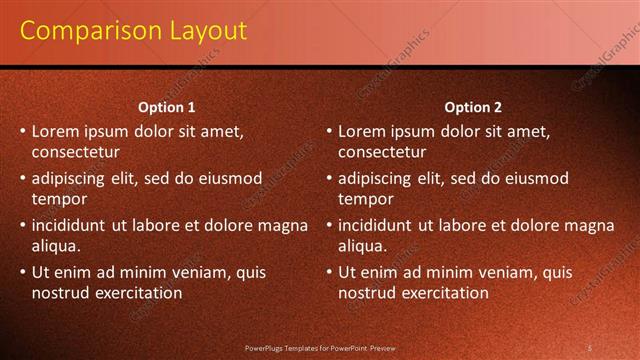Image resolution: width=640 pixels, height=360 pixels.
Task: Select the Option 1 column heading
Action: coord(166,107)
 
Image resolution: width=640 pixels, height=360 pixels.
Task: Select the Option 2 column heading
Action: coord(472,107)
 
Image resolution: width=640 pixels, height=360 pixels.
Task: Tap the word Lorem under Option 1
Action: coord(56,130)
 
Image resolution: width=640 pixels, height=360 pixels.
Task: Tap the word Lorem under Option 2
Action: coord(362,130)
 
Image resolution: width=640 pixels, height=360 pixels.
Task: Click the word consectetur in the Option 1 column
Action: coord(76,152)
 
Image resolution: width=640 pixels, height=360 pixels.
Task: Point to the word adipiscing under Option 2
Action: coord(374,178)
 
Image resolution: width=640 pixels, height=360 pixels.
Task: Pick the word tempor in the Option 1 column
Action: coord(59,199)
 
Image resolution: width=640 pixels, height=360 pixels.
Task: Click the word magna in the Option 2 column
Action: coord(591,225)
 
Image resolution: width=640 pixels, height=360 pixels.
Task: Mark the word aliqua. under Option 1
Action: coord(56,246)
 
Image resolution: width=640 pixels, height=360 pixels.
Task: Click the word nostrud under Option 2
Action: coord(368,293)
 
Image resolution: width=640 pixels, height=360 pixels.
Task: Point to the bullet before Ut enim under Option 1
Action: coord(23,272)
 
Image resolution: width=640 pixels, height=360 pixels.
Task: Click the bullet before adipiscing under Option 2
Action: coord(329,178)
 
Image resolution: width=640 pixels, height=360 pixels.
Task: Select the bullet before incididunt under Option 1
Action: coord(23,225)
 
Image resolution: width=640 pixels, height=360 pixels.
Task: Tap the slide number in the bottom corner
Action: coord(590,348)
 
